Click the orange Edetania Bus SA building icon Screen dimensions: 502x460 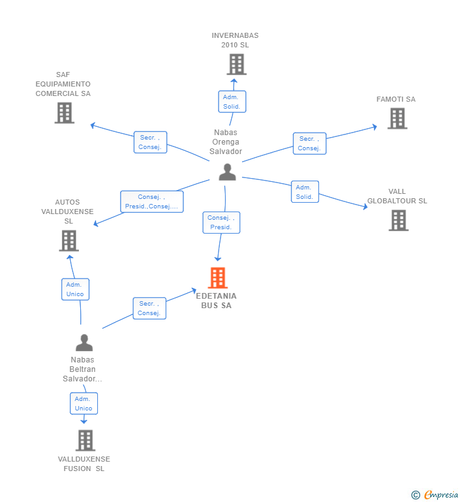click(217, 277)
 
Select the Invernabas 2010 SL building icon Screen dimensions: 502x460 click(236, 64)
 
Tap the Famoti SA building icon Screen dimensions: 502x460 click(397, 118)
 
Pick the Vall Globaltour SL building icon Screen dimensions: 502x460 click(398, 220)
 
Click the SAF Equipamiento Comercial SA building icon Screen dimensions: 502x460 click(64, 113)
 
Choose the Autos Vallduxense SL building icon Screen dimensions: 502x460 click(68, 241)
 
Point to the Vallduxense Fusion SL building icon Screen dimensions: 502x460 click(85, 440)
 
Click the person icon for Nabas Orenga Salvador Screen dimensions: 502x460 click(227, 172)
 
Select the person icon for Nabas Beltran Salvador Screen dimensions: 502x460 click(84, 343)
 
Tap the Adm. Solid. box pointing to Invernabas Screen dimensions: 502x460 click(232, 102)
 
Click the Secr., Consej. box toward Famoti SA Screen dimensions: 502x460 click(309, 143)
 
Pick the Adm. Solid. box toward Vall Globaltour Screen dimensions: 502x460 click(305, 192)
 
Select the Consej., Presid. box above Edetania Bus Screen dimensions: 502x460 click(221, 222)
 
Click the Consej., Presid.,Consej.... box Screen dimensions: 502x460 click(152, 201)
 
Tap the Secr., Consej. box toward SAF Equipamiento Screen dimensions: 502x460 click(150, 142)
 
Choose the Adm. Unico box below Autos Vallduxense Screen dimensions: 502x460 click(75, 289)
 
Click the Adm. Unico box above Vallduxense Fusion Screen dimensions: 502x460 click(83, 403)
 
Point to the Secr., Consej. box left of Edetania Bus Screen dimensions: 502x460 click(149, 308)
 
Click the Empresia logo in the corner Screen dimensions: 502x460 click(435, 494)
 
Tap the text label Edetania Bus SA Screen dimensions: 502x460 click(217, 301)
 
